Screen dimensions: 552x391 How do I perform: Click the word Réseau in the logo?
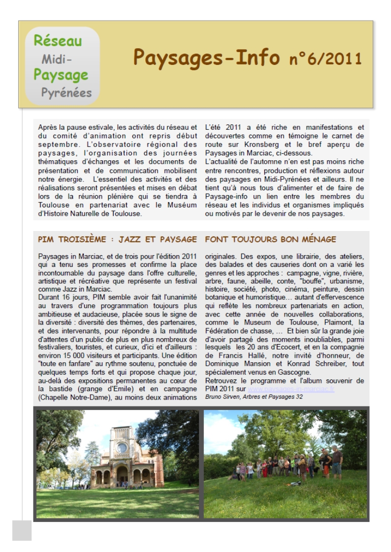point(58,41)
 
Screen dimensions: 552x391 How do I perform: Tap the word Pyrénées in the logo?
point(66,92)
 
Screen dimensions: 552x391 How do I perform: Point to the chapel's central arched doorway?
point(121,474)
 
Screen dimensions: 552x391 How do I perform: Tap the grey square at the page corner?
point(22,531)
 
